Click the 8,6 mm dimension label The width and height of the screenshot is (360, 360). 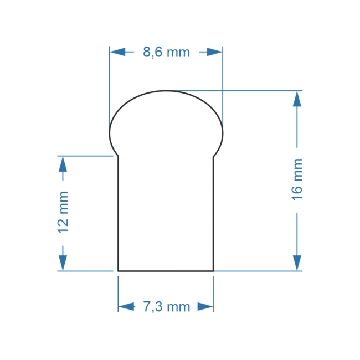pos(166,53)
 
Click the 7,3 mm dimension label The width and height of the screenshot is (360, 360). pos(166,307)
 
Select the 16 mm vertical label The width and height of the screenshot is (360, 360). pos(297,179)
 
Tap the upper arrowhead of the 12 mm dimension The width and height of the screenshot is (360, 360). pos(63,164)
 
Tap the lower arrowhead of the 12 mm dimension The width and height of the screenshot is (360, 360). pos(63,263)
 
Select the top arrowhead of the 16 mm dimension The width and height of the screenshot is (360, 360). pos(297,99)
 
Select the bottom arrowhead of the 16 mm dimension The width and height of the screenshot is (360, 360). pos(297,263)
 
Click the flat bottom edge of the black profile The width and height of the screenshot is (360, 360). pos(166,271)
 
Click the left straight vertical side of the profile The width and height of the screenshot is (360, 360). pos(118,213)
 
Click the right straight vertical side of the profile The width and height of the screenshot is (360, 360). pos(214,213)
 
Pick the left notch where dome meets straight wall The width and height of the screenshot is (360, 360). pos(118,156)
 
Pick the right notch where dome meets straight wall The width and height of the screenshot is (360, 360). pos(214,156)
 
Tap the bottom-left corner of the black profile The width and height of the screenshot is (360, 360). pos(118,271)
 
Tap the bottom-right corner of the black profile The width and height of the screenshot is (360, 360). pos(214,271)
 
